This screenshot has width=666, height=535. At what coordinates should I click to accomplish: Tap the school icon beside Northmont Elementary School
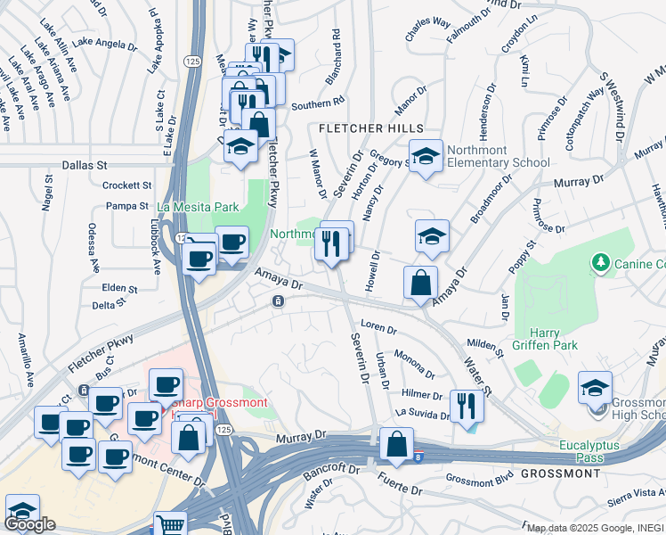(426, 156)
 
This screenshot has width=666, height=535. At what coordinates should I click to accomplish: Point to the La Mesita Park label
(198, 207)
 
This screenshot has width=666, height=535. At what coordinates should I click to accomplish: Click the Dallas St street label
(85, 165)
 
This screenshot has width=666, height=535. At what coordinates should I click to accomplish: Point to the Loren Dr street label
(378, 327)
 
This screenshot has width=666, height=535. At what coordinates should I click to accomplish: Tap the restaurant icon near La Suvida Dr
(466, 406)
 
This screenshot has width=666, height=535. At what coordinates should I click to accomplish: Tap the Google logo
(29, 524)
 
